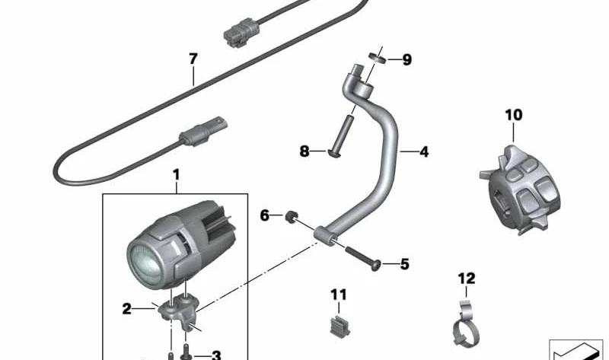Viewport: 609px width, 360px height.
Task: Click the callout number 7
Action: click(193, 59)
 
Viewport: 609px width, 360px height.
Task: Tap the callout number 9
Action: click(407, 60)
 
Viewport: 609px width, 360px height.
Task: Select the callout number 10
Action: click(513, 115)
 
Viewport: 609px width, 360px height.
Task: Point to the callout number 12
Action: click(467, 279)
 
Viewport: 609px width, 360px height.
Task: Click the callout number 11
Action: click(338, 295)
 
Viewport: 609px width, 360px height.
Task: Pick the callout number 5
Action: click(405, 264)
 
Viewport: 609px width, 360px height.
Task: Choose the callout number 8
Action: click(304, 151)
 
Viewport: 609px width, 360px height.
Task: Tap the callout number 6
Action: click(264, 215)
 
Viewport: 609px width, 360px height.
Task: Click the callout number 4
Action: click(424, 152)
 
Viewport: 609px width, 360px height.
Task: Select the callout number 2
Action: click(126, 309)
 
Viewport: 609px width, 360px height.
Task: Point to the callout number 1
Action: click(177, 175)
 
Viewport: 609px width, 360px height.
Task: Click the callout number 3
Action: click(216, 355)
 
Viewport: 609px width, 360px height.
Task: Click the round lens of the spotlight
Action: click(146, 263)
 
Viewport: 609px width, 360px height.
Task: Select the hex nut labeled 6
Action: click(291, 217)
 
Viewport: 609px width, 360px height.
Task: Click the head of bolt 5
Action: click(376, 266)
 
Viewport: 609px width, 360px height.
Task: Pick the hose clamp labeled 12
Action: click(466, 325)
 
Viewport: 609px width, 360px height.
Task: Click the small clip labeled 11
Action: click(339, 327)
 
